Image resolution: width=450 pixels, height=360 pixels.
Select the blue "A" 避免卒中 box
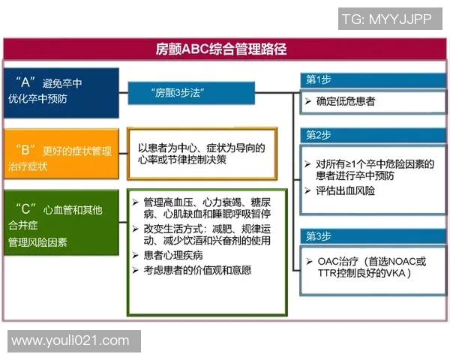[x=61, y=92]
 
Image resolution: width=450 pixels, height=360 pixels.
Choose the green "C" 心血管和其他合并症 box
[x=61, y=223]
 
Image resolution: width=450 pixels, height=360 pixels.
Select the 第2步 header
[x=318, y=135]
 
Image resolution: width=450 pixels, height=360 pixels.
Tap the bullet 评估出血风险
[x=345, y=191]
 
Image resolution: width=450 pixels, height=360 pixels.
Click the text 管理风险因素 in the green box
[x=37, y=242]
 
